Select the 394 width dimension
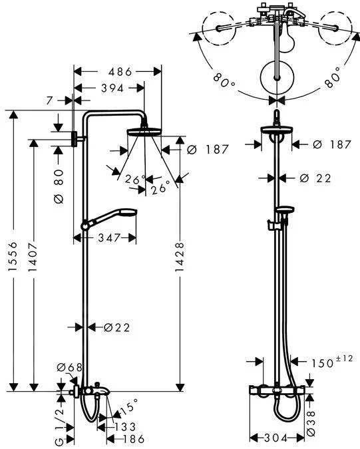109,88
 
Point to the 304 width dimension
275,438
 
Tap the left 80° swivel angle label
224,80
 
